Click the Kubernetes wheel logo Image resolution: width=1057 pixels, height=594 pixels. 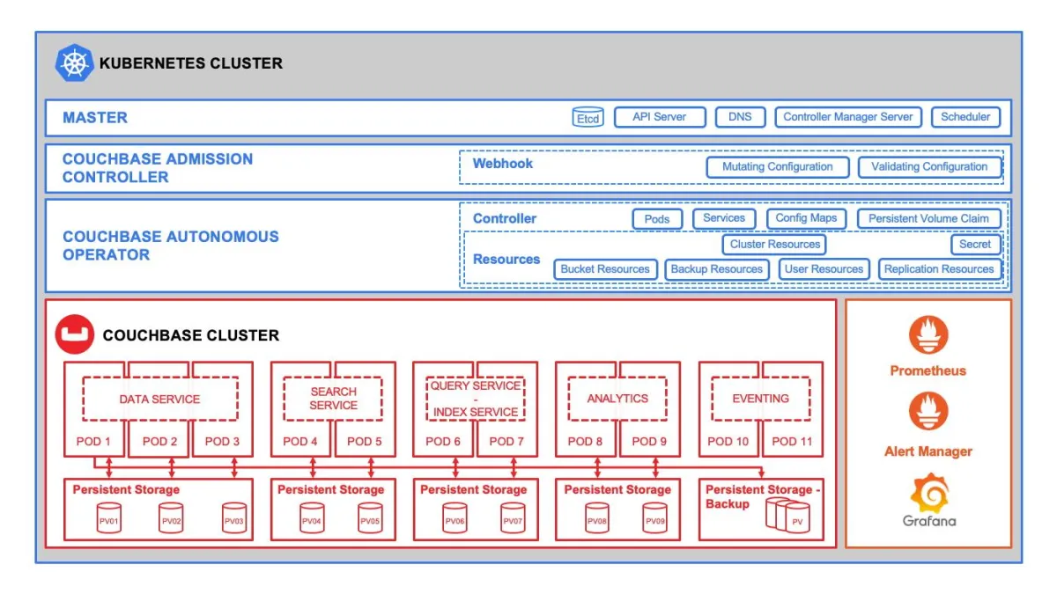[74, 63]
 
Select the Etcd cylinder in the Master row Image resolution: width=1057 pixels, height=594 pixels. [588, 118]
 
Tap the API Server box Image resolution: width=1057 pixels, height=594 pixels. [658, 117]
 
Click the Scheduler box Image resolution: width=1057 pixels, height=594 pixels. [965, 117]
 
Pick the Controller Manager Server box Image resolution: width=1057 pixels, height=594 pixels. [848, 117]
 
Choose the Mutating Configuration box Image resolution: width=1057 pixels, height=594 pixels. [777, 167]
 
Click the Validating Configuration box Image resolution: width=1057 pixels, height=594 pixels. [929, 167]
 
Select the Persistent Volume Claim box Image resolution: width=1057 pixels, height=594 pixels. [929, 219]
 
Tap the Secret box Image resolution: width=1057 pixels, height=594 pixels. [975, 245]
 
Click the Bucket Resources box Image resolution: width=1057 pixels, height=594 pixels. [605, 269]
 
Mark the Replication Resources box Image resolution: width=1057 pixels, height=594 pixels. [939, 269]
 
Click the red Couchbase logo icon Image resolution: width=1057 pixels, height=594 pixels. [74, 334]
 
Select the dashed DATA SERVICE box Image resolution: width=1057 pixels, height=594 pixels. [159, 399]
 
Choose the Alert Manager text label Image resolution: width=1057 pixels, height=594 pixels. [928, 451]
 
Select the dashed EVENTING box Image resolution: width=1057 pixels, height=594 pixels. [760, 399]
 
